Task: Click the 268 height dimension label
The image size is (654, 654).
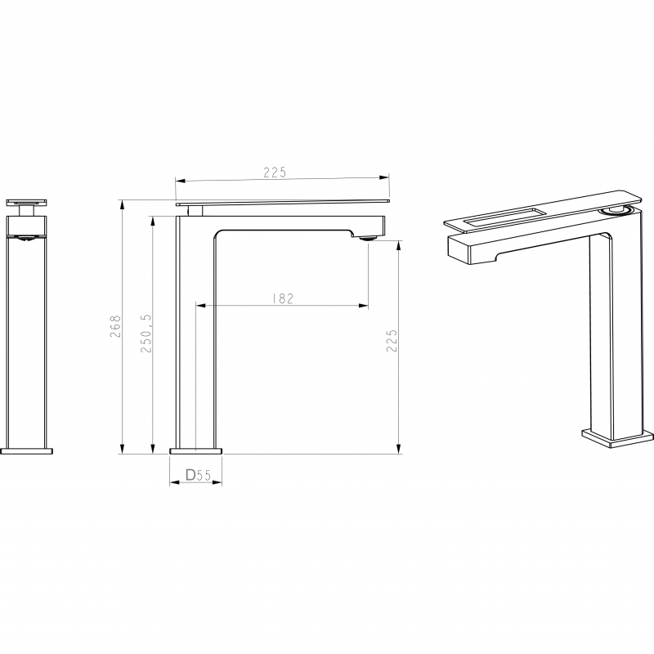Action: tap(115, 326)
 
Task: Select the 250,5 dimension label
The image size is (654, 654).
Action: tap(146, 334)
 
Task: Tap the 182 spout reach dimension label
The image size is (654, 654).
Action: tap(283, 298)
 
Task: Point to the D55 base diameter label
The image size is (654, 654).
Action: tap(198, 475)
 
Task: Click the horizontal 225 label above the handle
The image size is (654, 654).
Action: tap(275, 172)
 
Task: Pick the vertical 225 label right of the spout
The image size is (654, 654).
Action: tap(392, 341)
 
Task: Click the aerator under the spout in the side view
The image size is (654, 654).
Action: tap(368, 239)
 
